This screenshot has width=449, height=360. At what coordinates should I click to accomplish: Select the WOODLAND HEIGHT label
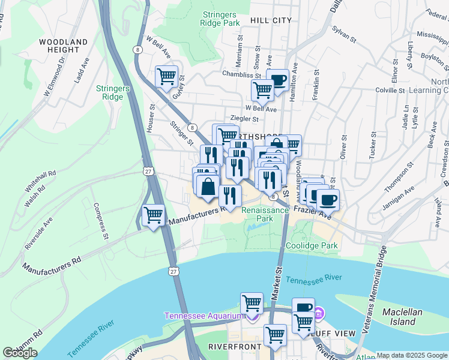[x=63, y=46]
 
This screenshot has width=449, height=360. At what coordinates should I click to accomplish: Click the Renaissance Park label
[x=265, y=214]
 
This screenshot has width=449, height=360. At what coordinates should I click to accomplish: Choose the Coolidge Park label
[x=312, y=245]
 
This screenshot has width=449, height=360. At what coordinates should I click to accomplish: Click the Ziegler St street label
[x=244, y=119]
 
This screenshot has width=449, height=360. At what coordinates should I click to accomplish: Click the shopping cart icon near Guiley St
[x=166, y=77]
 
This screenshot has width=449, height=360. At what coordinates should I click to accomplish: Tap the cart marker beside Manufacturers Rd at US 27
[x=154, y=214]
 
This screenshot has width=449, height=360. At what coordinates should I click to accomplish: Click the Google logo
[x=20, y=353]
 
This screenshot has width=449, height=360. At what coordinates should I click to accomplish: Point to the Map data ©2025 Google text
[x=412, y=355]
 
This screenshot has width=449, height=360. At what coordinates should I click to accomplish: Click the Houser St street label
[x=152, y=118]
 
